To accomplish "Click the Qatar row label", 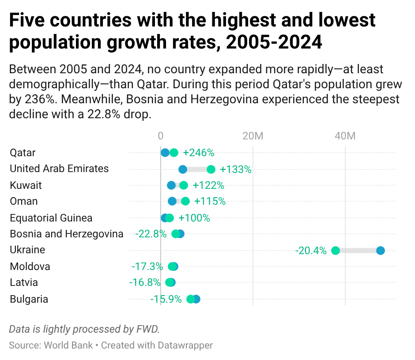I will pos(23,153).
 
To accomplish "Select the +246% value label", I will pos(198,153).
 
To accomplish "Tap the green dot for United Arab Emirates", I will pos(211,169).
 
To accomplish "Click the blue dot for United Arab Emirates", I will pos(183,169).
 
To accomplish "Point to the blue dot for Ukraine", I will pos(380,251).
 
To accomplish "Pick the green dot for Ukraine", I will pos(336,251).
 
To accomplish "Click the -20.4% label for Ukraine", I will pos(311,251).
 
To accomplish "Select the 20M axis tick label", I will pos(253,136).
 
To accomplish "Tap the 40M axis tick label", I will pos(345,136).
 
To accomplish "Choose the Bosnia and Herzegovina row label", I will pos(66,234).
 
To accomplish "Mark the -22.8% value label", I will pos(151,234).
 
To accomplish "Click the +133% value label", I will pos(235,169).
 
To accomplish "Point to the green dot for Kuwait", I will pos(184,185).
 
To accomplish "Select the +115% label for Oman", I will pos(210,202).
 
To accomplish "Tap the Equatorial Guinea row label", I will pos(51,218).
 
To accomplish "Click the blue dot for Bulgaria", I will pos(196,299).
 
